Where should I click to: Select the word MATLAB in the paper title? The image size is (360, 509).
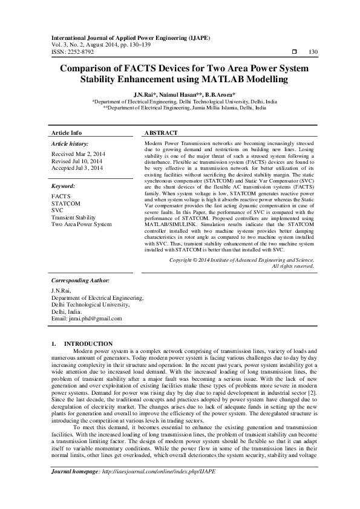point(246,80)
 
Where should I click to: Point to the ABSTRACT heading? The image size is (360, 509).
point(162,132)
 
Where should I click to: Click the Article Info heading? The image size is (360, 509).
point(67,132)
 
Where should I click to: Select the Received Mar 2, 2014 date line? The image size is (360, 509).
point(77,154)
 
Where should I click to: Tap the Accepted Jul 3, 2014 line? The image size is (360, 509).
point(77,167)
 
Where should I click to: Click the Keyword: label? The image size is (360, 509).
point(64,187)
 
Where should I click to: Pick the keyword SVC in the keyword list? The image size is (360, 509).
point(57,210)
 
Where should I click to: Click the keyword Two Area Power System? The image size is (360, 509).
point(82,224)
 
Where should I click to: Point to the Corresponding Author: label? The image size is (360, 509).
point(80,280)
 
